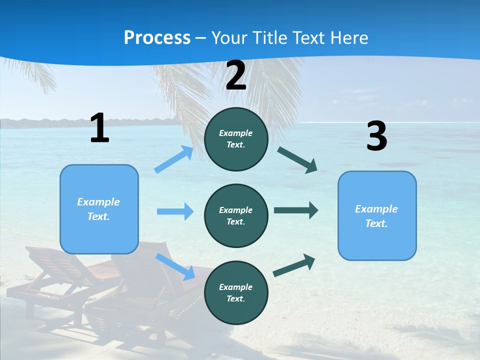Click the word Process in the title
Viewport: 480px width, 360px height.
[157, 37]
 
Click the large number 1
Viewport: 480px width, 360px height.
[99, 128]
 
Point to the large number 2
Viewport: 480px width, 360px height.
[236, 76]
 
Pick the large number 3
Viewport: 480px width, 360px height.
[376, 136]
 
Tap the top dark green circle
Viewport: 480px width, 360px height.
[236, 139]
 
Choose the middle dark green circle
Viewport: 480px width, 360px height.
[236, 215]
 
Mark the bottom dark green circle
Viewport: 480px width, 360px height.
[236, 292]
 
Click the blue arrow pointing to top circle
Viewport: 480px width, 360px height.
[174, 159]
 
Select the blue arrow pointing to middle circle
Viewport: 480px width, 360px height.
[175, 211]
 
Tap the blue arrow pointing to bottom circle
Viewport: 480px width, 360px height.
[175, 266]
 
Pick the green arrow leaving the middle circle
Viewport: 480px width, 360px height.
[296, 210]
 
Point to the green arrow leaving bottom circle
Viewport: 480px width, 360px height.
[294, 265]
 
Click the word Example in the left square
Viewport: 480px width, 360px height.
[98, 202]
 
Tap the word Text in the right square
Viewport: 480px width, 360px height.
[376, 223]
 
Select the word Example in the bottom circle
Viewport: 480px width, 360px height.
[235, 287]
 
